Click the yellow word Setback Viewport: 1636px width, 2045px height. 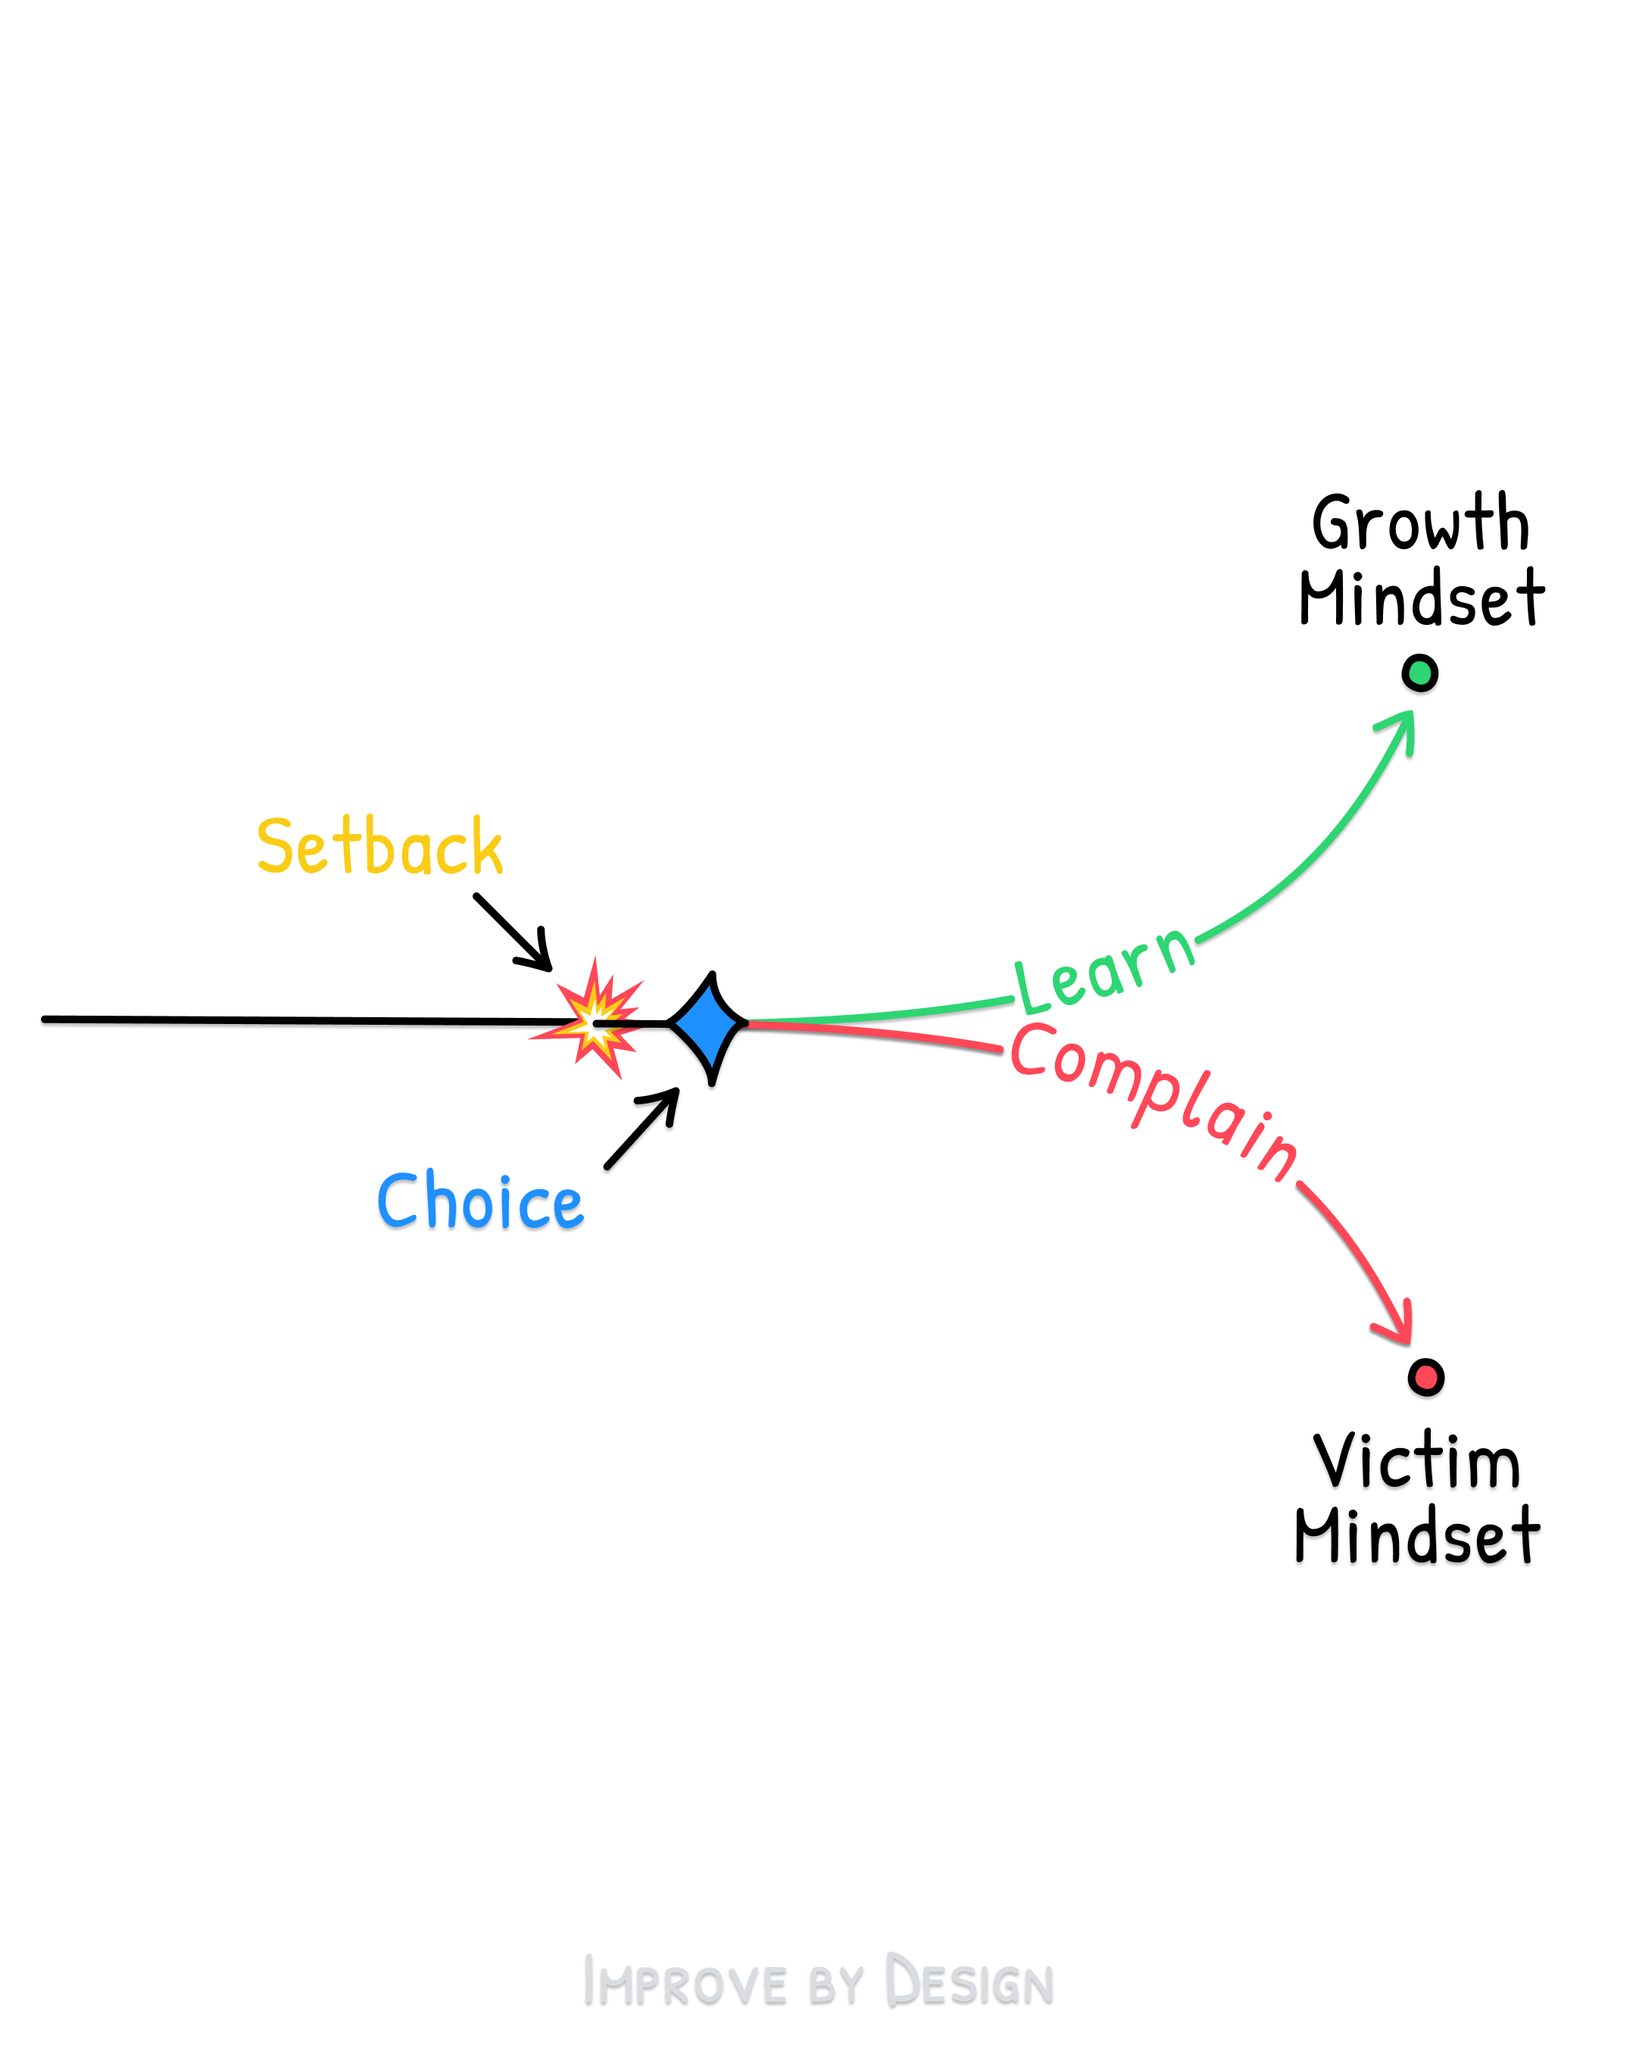(379, 846)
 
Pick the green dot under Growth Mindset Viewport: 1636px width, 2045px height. (1420, 673)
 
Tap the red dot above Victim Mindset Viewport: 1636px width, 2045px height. (1425, 1377)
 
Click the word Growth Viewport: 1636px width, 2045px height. (1420, 523)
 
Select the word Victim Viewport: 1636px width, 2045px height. (1417, 1462)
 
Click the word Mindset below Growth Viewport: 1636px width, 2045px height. (1421, 599)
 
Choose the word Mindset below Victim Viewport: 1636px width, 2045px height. (1417, 1537)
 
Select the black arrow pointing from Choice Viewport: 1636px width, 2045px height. (642, 1129)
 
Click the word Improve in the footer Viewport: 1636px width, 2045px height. (685, 1981)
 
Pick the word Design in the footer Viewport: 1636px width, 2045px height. (969, 1981)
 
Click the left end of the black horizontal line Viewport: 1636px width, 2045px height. (45, 1019)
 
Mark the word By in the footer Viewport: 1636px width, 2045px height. (835, 1984)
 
